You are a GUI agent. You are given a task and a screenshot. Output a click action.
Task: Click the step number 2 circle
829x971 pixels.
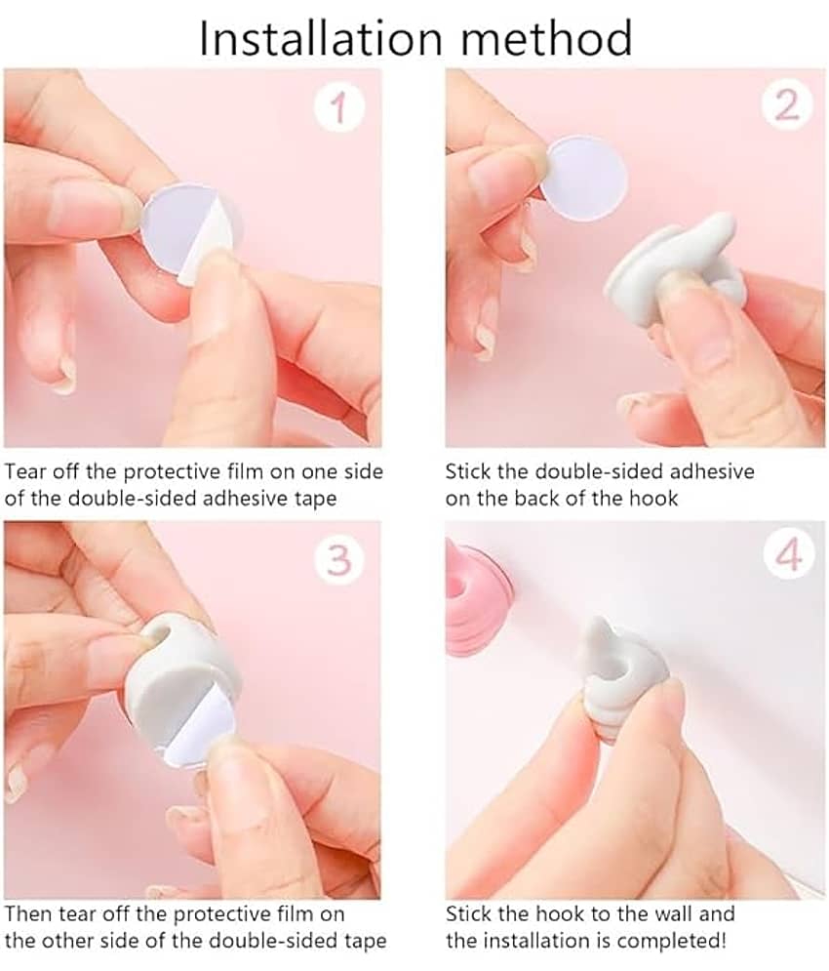(x=787, y=106)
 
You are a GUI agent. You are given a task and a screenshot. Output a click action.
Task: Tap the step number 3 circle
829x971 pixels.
(x=339, y=559)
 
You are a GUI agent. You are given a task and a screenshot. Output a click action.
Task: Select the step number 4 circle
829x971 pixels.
(x=788, y=555)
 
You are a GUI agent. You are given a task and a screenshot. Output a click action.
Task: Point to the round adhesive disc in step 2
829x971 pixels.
(x=584, y=179)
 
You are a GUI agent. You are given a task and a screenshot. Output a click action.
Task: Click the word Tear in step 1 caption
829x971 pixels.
(x=24, y=472)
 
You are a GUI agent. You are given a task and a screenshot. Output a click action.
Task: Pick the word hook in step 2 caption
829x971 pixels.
(x=653, y=499)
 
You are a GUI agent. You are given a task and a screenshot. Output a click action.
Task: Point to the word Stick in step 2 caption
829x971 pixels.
(x=467, y=472)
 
